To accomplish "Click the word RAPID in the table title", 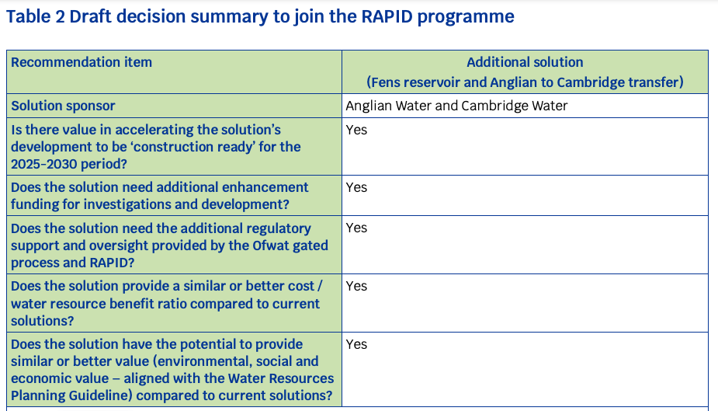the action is [x=387, y=16].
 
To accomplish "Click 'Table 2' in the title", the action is [x=35, y=16].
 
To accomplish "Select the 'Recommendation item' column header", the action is [x=82, y=62].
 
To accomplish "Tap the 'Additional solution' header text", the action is [x=525, y=62].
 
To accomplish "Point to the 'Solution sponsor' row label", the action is [x=63, y=106].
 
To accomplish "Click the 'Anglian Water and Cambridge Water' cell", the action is [x=456, y=106].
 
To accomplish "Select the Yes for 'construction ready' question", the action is [x=356, y=130].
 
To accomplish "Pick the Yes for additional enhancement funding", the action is [x=356, y=187].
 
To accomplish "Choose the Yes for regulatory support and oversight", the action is [x=356, y=228].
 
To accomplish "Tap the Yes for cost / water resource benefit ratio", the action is [x=356, y=286].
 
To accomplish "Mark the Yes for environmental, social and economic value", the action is [x=356, y=344].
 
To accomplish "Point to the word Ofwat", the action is [x=269, y=246].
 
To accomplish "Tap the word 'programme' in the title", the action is [x=466, y=17].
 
